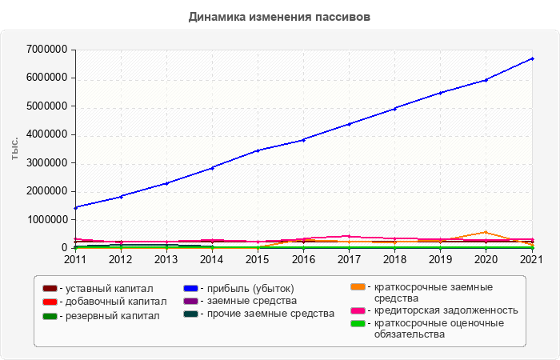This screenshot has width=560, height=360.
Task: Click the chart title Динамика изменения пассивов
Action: pyautogui.click(x=280, y=16)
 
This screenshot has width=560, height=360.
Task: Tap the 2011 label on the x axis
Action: pyautogui.click(x=75, y=259)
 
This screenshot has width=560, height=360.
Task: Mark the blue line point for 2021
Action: pyautogui.click(x=532, y=58)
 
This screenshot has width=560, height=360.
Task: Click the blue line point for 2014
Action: pyautogui.click(x=212, y=168)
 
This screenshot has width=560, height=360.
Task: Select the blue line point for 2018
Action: pyautogui.click(x=395, y=108)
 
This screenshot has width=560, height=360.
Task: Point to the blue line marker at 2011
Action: pyautogui.click(x=75, y=207)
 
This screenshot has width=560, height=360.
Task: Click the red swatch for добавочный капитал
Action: pyautogui.click(x=50, y=302)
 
